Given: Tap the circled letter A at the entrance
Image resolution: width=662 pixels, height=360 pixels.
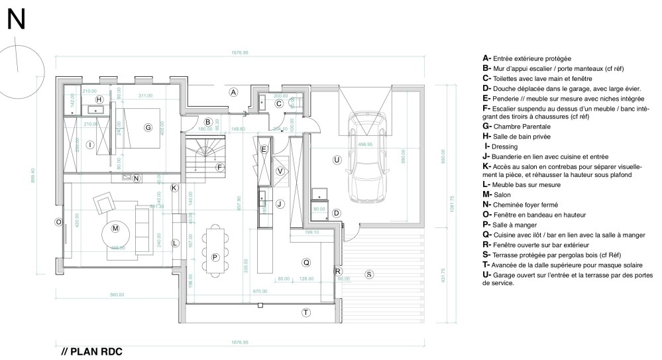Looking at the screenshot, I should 233,93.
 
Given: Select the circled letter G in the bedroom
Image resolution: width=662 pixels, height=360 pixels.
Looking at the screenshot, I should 148,127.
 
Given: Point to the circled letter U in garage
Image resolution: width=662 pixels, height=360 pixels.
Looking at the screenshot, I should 337,159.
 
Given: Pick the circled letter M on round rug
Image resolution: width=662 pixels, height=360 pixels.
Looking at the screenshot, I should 115,229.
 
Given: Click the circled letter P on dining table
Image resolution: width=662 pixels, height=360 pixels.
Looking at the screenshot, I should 215,257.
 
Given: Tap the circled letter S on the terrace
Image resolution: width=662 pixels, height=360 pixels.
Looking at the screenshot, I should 369,274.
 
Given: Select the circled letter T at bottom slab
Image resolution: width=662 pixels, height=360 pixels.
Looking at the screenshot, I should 305,312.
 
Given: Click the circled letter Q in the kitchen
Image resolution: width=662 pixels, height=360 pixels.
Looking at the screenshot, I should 305,262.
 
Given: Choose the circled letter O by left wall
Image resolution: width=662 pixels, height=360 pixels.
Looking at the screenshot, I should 58,221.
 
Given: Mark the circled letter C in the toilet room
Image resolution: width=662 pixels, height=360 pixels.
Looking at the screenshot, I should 279,103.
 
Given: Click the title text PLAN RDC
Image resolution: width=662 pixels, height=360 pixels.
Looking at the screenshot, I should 92,351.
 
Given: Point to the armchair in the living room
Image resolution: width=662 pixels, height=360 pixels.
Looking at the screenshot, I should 105,203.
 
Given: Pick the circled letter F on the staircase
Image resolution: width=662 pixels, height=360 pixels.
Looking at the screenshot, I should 219,167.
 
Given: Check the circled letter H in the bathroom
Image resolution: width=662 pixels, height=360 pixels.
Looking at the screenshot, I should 99,99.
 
